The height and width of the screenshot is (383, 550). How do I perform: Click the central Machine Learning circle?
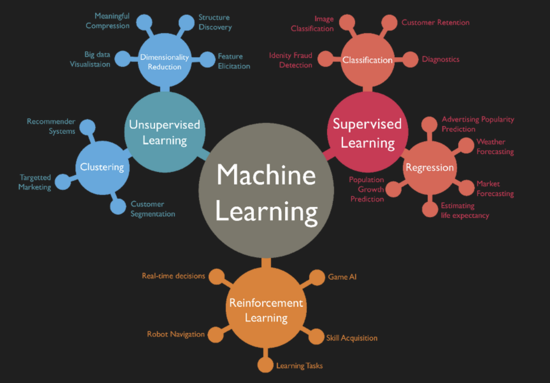tap(266, 191)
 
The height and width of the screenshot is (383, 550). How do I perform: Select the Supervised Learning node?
tap(368, 132)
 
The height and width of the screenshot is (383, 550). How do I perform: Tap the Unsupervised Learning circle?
tap(165, 132)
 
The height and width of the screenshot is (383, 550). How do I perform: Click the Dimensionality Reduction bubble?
tap(165, 61)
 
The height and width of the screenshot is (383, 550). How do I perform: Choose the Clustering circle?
tap(102, 167)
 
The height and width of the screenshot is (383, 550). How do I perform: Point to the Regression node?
tap(430, 167)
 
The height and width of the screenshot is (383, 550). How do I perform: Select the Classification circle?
tap(368, 60)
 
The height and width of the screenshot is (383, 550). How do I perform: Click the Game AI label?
tap(342, 277)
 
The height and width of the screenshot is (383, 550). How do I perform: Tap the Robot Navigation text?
tap(175, 334)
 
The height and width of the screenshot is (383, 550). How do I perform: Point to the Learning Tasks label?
tap(299, 366)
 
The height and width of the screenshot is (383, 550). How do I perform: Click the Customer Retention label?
tap(435, 23)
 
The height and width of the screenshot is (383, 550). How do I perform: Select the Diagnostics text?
tap(440, 59)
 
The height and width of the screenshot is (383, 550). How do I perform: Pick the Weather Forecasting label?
tap(495, 147)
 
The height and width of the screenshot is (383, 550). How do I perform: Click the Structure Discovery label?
tap(215, 22)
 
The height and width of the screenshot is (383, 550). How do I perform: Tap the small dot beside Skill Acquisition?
tap(316, 337)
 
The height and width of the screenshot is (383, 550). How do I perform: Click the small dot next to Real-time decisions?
tap(217, 276)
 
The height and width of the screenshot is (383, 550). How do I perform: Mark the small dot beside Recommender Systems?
tap(87, 127)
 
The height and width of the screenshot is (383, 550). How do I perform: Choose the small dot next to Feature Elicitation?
tap(207, 60)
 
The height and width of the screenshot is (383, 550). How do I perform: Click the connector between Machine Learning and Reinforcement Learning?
tap(266, 262)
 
